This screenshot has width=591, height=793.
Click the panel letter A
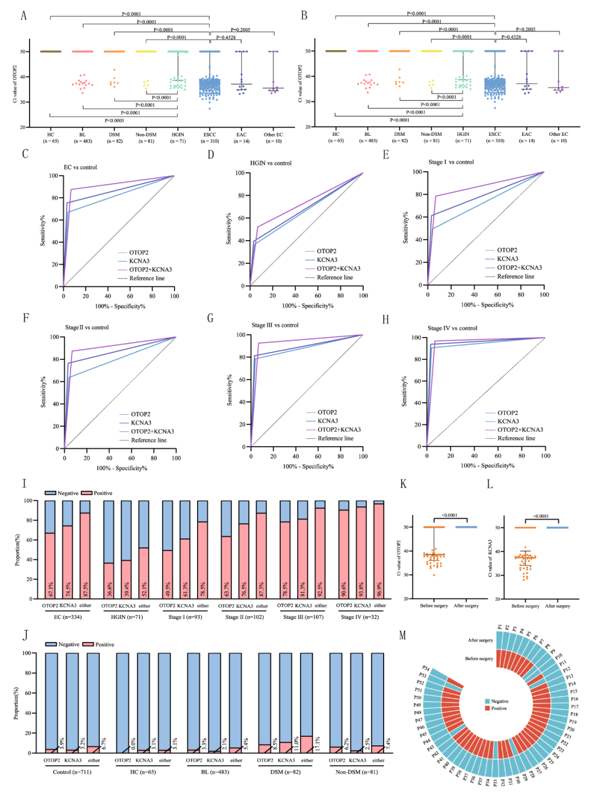pos(24,15)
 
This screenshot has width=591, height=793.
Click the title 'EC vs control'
pos(80,167)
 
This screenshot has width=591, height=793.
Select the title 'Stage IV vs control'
pos(452,328)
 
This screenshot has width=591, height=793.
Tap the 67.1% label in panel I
pos(50,589)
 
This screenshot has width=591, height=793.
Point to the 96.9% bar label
pos(379,589)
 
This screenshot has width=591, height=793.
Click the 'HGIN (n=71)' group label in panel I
pos(126,617)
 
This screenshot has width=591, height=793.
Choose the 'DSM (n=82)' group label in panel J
pos(286,772)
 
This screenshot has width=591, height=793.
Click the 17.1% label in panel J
pos(317,743)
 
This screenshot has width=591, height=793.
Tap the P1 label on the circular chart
pos(500,627)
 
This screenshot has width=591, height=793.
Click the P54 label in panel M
pos(426,669)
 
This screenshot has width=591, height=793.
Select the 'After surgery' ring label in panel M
pos(480,640)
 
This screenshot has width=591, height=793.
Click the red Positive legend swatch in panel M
pos(487,708)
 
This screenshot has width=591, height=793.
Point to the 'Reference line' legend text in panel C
pos(147,279)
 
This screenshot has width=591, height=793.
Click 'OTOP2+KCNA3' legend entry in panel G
pos(339,430)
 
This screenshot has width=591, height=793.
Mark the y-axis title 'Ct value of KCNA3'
pos(490,558)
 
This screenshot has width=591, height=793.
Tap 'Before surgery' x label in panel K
pos(434,606)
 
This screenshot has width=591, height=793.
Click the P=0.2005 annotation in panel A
pos(240,30)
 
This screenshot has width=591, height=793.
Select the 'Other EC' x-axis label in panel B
pos(559,134)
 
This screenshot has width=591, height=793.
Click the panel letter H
pos(386,320)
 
